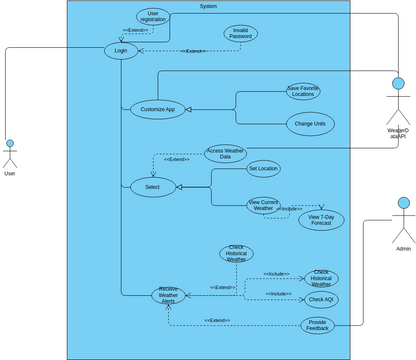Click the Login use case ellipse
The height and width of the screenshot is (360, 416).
tap(121, 51)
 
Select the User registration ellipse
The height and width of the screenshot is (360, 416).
tap(153, 16)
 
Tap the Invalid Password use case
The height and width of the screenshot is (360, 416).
tap(240, 33)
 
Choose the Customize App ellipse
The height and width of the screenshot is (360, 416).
tap(158, 110)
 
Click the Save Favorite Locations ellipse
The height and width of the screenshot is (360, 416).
tap(303, 91)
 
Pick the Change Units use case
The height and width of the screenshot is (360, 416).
tap(309, 123)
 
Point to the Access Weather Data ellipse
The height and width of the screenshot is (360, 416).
tap(225, 153)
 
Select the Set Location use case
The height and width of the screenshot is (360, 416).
tap(264, 168)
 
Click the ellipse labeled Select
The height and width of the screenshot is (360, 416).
tap(152, 186)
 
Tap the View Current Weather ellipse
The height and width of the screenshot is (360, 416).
tap(263, 205)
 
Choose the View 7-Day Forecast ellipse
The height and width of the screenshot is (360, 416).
tap(321, 220)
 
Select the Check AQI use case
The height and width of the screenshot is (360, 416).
tap(322, 299)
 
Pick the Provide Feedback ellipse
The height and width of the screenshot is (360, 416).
tap(317, 324)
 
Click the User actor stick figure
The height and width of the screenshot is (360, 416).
tap(10, 154)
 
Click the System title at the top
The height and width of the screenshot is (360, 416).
tap(208, 6)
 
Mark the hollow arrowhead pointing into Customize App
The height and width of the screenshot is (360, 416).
tap(190, 110)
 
